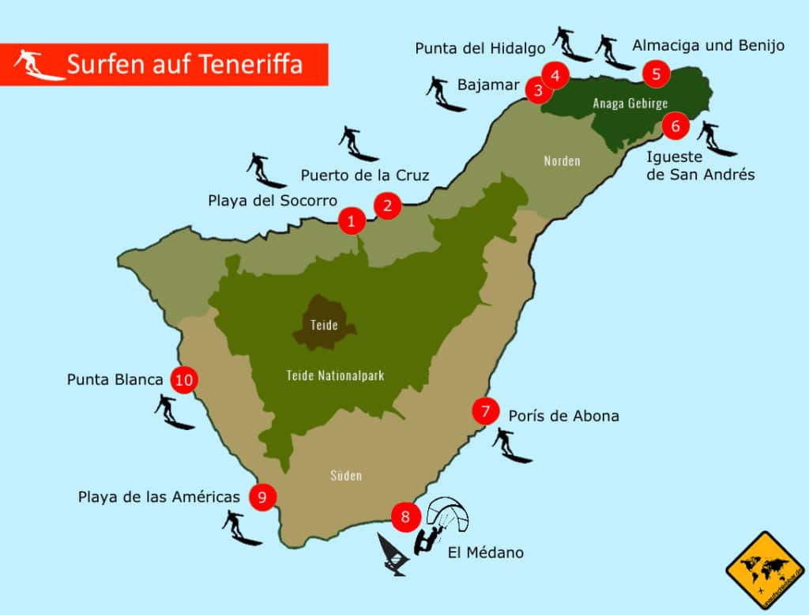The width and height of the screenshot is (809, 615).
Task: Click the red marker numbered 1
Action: [x=352, y=221]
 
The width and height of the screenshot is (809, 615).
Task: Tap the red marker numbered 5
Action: [x=657, y=74]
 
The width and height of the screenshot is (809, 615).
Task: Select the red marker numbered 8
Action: [x=405, y=517]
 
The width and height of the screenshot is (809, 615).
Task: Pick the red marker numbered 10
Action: [x=184, y=379]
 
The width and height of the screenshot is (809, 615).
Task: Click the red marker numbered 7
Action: [x=485, y=410]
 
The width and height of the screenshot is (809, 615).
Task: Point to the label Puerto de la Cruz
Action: [x=364, y=175]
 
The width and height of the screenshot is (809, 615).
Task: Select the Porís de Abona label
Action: [x=563, y=415]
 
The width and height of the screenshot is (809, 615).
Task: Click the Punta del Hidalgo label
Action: [x=480, y=48]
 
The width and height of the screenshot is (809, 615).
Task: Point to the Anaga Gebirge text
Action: [x=630, y=104]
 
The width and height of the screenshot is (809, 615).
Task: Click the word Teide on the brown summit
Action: [x=324, y=325]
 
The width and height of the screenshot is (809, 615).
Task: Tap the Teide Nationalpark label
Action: [x=335, y=375]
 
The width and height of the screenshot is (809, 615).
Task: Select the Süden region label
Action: [x=346, y=475]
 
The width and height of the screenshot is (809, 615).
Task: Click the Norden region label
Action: [x=562, y=161]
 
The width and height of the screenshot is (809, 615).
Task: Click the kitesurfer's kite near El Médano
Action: [x=448, y=511]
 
